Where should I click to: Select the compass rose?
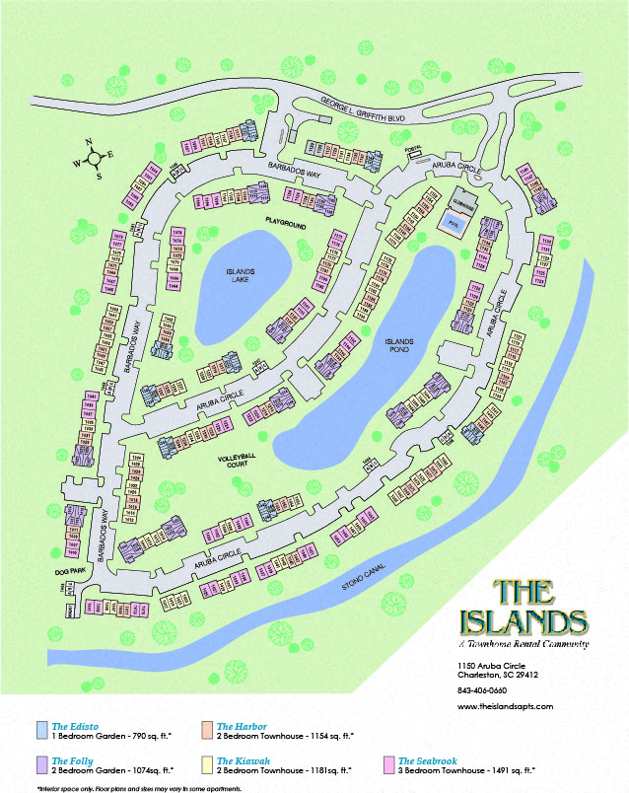pos(92,159)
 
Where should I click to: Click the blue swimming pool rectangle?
pos(454,220)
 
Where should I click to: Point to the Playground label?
pos(286,226)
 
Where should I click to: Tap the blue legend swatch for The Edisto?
pos(40,731)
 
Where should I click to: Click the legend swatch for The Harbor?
pos(206,731)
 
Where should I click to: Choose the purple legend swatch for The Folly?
pos(40,765)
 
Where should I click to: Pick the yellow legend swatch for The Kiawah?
pos(206,765)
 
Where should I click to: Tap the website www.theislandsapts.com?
pos(505,706)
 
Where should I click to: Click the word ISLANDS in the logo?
pos(524,622)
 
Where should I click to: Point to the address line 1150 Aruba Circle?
pos(496,667)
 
